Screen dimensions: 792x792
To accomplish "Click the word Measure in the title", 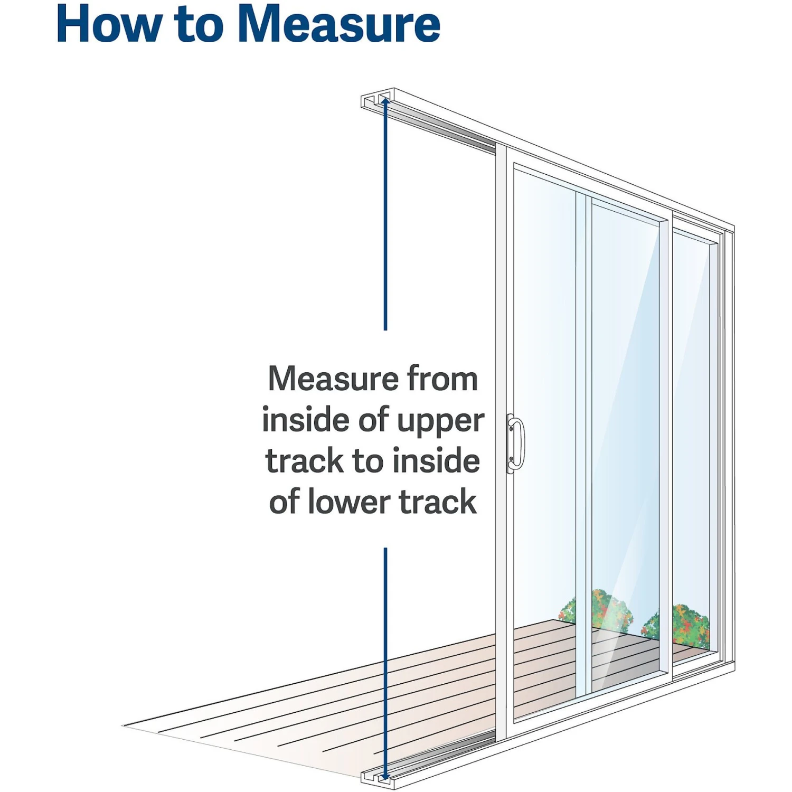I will pos(339,24).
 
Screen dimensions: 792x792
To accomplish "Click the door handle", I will pos(516,444).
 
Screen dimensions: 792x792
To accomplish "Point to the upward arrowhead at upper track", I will pos(385,102).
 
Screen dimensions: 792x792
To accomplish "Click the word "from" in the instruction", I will pos(442,379).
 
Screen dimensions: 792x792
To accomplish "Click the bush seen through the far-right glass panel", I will pos(689,626).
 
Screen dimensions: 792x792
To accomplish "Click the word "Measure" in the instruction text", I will pos(333,379).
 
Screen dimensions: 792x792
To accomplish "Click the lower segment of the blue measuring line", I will pos(385,660).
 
